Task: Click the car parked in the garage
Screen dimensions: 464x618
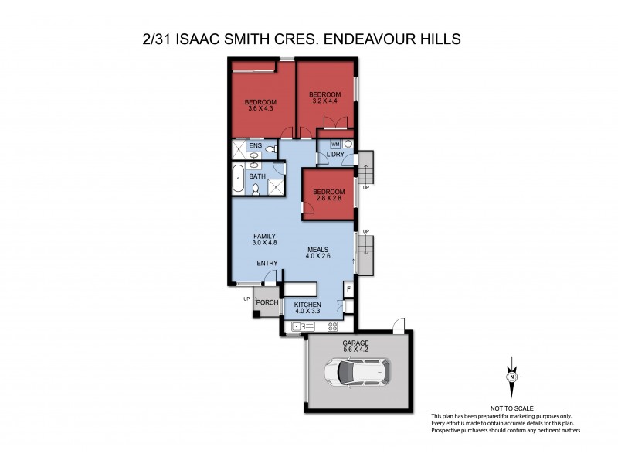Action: (x=357, y=374)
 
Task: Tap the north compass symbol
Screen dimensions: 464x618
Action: (x=511, y=377)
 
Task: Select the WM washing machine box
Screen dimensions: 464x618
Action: (x=335, y=145)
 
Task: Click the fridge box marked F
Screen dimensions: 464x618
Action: (x=348, y=289)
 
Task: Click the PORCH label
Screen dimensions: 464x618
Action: (x=267, y=302)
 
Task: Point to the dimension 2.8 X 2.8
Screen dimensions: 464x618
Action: (x=328, y=200)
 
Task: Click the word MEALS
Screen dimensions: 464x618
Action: (x=317, y=249)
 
